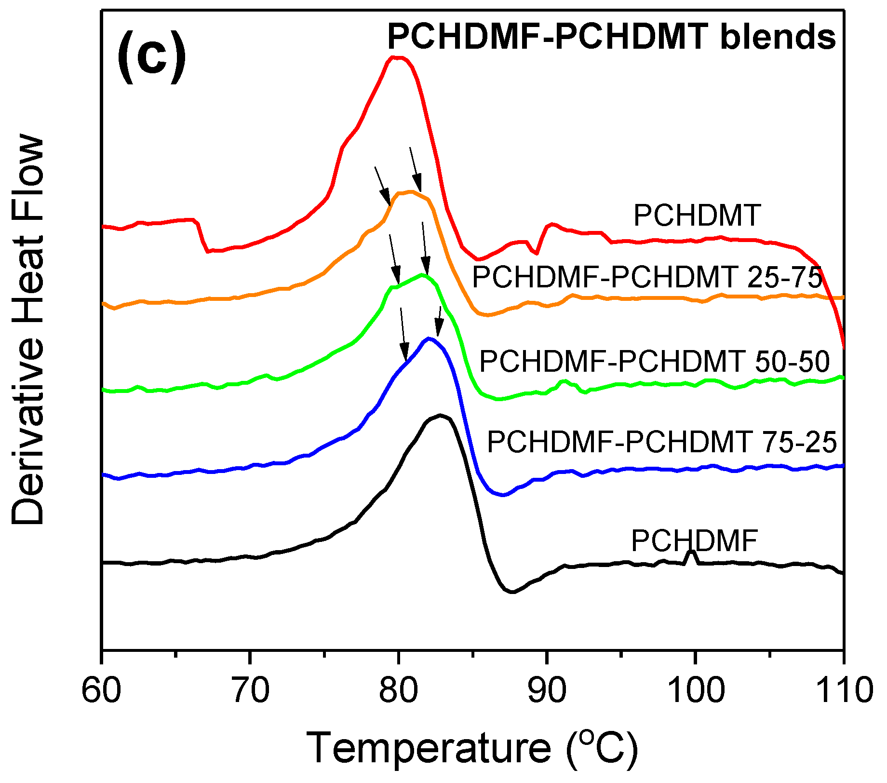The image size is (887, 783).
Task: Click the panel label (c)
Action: coord(151,56)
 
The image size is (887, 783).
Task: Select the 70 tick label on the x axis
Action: coord(249,690)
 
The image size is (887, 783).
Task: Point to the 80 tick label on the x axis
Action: coord(398,690)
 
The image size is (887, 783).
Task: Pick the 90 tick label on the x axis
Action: coord(546,690)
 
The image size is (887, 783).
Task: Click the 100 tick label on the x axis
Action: coord(695,690)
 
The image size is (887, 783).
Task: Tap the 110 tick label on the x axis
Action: coord(842,690)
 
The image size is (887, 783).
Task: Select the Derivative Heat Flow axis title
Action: coord(28,330)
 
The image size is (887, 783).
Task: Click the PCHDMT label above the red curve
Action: coord(697,215)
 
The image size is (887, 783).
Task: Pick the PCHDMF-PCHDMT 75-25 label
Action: coord(662,442)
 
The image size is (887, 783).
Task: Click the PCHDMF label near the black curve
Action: coord(694,540)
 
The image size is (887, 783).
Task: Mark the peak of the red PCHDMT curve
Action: coord(396,57)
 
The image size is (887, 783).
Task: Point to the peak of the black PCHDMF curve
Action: coord(439,415)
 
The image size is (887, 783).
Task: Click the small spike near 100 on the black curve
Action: coord(691,552)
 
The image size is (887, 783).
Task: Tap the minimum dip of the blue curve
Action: coord(503,495)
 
